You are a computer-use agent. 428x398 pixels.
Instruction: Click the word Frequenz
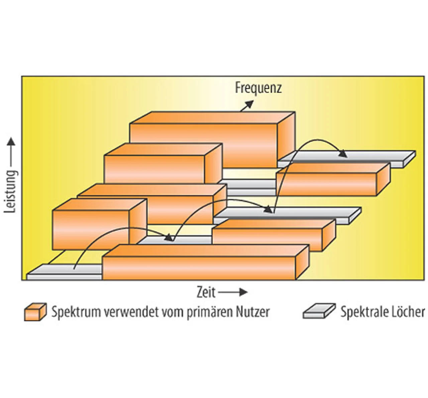tap(258, 88)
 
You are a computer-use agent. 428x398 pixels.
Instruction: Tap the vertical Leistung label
tap(10, 191)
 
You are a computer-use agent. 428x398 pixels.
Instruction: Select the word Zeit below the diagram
tap(206, 292)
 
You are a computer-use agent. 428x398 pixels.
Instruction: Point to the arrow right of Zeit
tap(233, 292)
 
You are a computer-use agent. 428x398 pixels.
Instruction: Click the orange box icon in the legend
tap(35, 312)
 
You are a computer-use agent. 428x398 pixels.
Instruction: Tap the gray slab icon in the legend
tap(319, 311)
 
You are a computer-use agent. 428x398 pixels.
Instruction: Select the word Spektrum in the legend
tap(76, 312)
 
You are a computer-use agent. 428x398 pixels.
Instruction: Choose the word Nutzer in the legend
tap(253, 312)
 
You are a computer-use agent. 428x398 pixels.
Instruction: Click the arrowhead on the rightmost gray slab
tap(343, 154)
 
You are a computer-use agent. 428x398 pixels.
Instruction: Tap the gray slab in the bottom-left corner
tap(64, 273)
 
